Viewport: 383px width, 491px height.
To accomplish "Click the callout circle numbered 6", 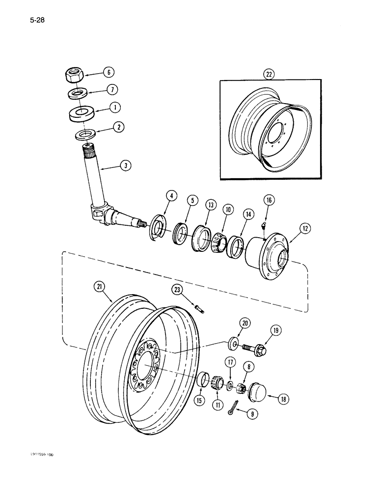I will pos(109,72).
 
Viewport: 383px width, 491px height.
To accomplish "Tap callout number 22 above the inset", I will pos(269,75).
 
